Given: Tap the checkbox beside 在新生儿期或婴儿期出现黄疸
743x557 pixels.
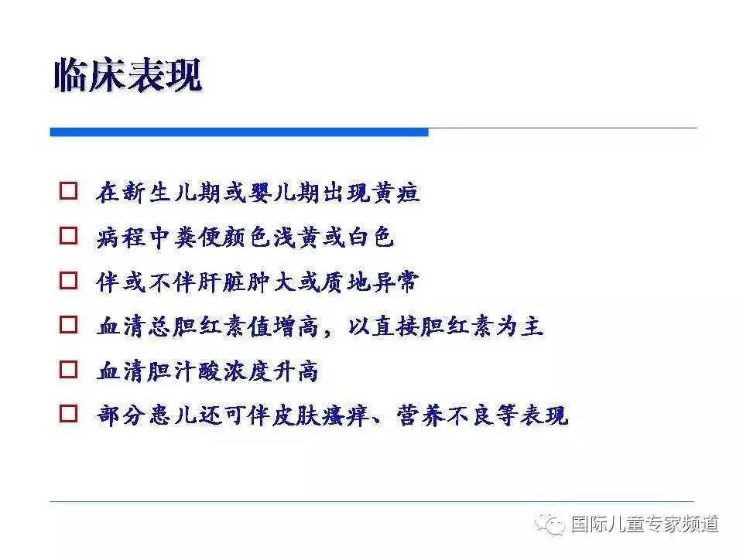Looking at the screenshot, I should [69, 191].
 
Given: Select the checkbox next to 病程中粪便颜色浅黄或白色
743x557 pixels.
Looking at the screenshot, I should [69, 236].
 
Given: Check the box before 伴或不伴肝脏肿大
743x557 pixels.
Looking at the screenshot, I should [69, 281].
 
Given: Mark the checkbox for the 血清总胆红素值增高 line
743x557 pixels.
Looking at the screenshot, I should [69, 326].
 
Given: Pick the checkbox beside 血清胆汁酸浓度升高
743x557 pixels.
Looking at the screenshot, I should [69, 371].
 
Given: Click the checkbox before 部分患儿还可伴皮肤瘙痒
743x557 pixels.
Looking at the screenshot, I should [69, 415].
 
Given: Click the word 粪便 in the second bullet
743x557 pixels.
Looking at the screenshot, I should [197, 237].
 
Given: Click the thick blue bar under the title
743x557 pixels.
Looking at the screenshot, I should [239, 132].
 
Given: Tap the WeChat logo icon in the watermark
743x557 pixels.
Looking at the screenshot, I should [554, 525].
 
